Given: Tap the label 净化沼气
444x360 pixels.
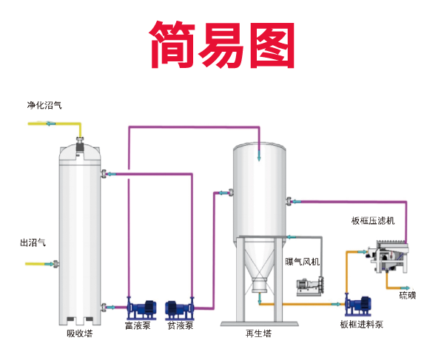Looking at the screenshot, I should (x=44, y=106).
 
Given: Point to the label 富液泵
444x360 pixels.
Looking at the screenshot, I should (x=137, y=325).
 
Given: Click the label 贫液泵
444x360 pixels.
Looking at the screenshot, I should (x=181, y=325).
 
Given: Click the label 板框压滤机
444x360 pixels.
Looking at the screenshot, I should (x=373, y=220).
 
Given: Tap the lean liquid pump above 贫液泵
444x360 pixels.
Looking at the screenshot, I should (x=181, y=307).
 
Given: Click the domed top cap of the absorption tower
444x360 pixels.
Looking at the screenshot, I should (x=80, y=151).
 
